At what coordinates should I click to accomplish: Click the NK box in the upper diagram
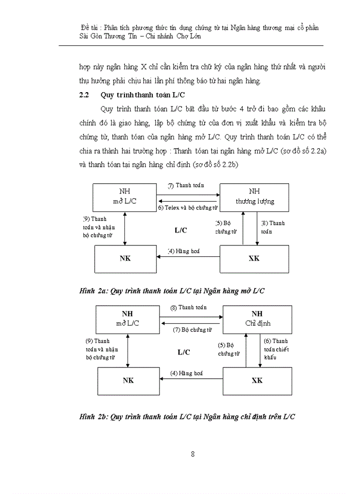pos(125,258)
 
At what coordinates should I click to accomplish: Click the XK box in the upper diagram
pos(254,258)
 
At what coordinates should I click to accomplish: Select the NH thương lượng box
pos(255,196)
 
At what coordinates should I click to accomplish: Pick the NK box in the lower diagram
pos(128,380)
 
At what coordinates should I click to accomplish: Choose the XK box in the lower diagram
pos(257,380)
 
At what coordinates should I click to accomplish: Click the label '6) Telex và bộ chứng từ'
pos(188,207)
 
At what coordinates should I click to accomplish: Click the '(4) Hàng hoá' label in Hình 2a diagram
pos(186,251)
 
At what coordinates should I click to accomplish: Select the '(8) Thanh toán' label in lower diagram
pos(189,308)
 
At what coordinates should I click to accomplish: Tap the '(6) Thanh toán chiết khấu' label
pos(276,349)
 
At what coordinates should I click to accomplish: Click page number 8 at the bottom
pos(192,454)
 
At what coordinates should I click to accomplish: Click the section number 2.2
pos(84,95)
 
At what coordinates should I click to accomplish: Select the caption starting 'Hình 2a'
pos(172,291)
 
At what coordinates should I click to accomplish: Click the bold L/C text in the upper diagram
pos(180,231)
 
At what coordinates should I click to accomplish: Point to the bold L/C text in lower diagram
pos(184,352)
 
